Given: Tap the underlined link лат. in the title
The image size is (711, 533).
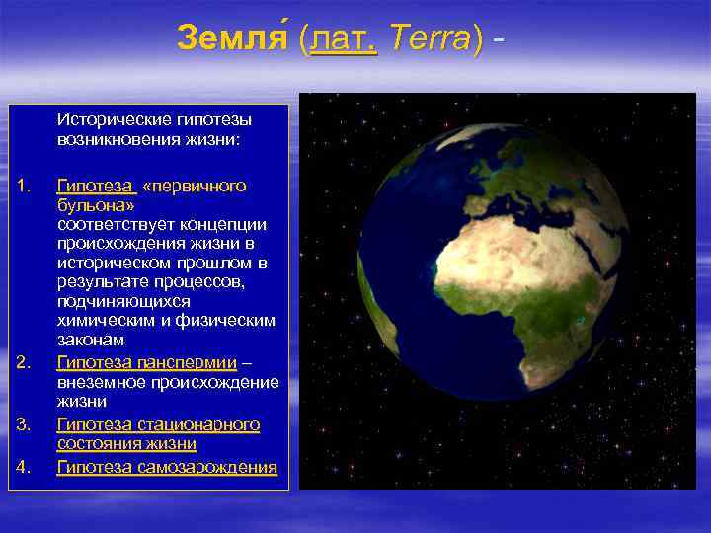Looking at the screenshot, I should [343, 38].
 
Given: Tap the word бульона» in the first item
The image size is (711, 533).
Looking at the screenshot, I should [96, 205].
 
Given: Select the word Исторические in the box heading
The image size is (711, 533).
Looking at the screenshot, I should [108, 119].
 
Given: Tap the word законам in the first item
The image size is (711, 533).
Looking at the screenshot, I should [90, 340].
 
